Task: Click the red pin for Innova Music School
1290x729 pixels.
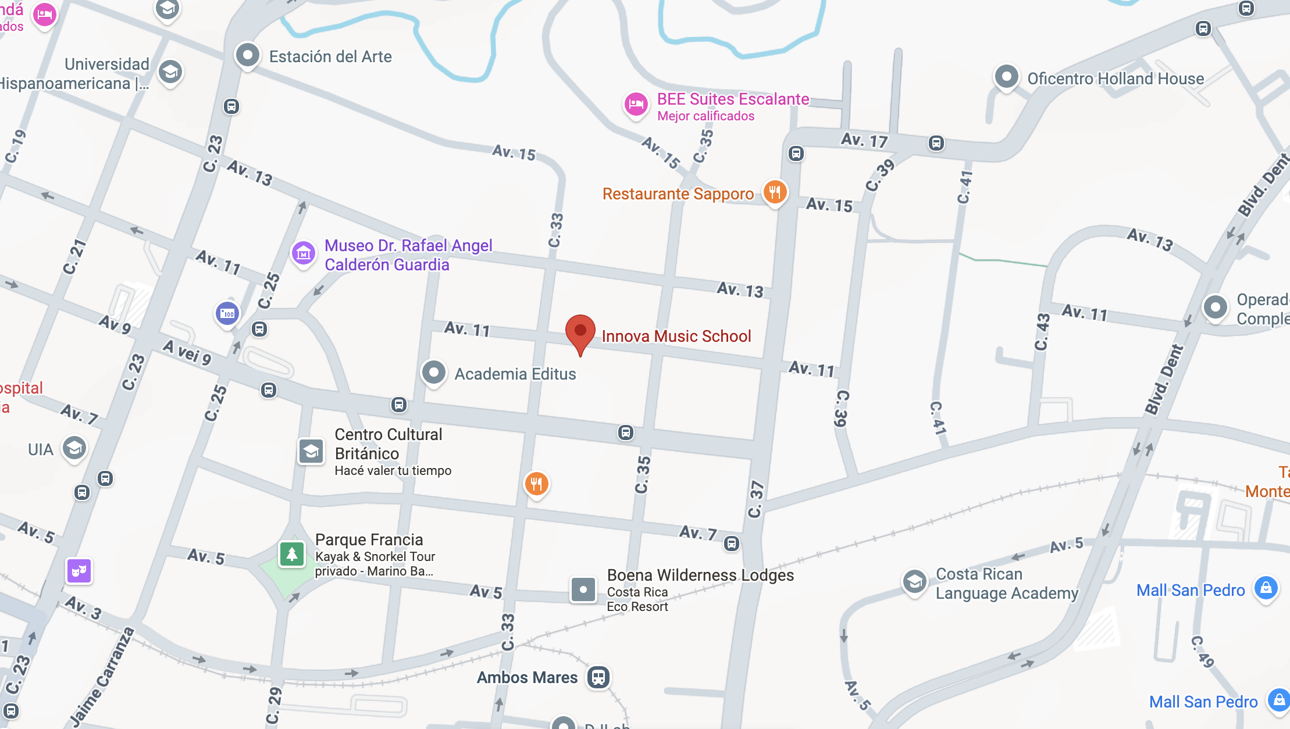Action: click(580, 331)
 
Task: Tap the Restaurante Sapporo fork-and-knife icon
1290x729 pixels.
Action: click(774, 191)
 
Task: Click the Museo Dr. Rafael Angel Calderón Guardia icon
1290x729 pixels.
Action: click(303, 253)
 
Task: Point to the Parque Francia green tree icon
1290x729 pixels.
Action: click(292, 554)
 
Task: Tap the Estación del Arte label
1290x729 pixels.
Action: click(330, 56)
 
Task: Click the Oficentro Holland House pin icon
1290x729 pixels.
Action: click(1006, 77)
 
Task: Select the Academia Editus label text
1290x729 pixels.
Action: click(515, 374)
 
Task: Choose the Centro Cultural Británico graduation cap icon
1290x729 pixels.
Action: click(311, 451)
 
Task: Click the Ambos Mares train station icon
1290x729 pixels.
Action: click(598, 677)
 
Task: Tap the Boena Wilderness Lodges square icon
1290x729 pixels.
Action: click(583, 589)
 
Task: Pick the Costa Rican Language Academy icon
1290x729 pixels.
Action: click(914, 581)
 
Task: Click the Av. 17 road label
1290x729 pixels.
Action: click(864, 140)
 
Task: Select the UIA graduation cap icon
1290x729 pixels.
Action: click(74, 448)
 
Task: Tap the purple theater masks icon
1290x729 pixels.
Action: click(79, 571)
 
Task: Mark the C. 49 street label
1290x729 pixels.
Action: click(1202, 652)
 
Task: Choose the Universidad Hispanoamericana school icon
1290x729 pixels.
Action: click(170, 72)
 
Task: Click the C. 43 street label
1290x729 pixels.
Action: click(1042, 332)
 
